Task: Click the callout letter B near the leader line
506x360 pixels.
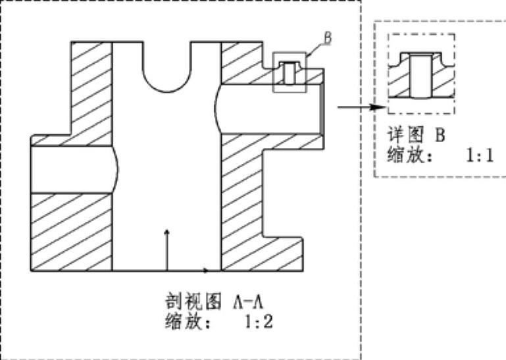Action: point(326,38)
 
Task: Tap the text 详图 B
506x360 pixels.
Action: point(415,135)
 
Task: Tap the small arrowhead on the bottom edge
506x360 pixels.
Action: point(206,270)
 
